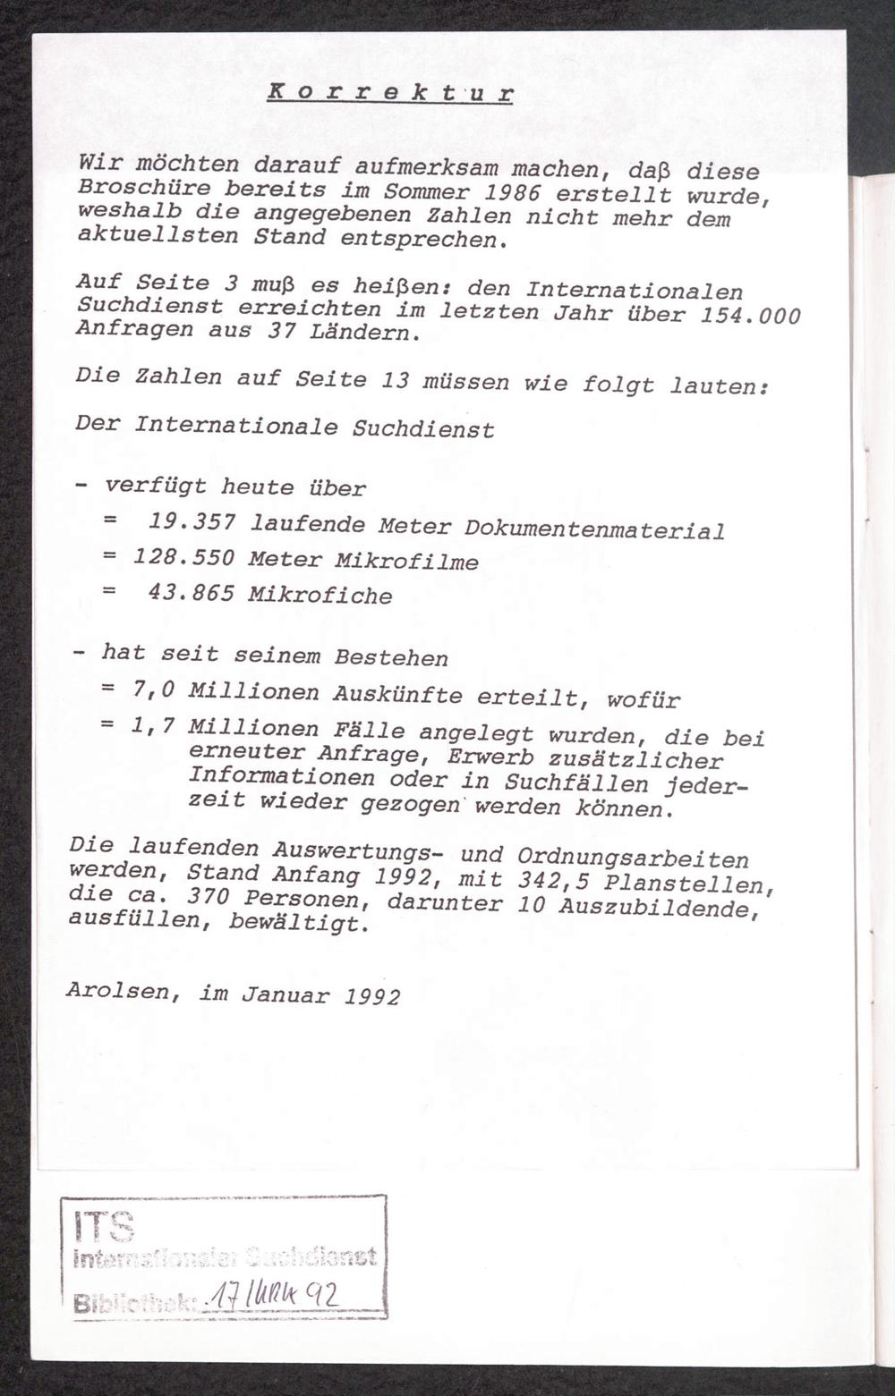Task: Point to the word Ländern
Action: tap(371, 334)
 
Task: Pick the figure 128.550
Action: tap(183, 557)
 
